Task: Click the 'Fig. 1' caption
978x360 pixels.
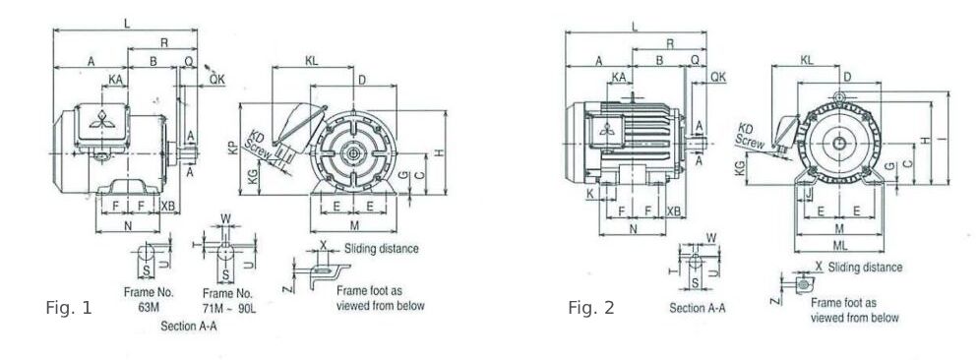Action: click(69, 308)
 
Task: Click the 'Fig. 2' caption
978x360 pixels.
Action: click(590, 308)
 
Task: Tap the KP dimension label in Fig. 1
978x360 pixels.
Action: click(232, 149)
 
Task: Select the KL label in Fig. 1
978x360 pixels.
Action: click(312, 61)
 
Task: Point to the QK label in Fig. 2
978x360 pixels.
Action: click(718, 76)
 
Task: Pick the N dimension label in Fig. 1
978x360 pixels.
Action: click(128, 226)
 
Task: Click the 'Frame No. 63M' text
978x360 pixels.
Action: click(149, 299)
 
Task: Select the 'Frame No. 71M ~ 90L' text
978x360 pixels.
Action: click(228, 300)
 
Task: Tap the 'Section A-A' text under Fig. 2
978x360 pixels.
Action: click(698, 308)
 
